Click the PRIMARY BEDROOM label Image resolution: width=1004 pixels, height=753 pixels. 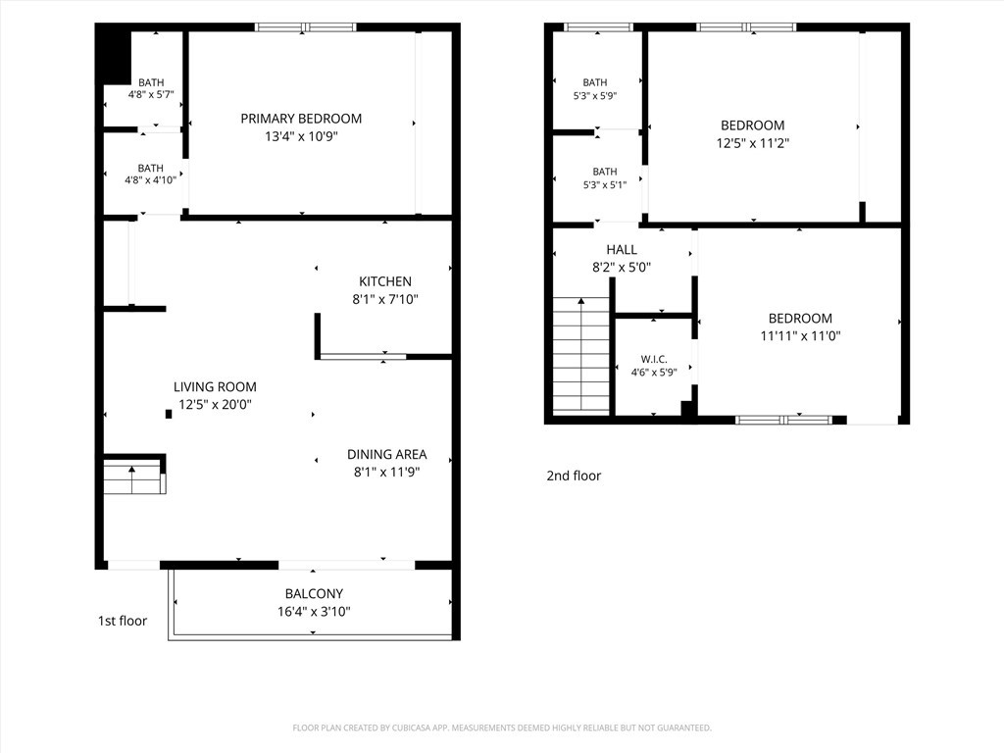(301, 119)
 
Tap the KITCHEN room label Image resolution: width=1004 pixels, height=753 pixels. (384, 281)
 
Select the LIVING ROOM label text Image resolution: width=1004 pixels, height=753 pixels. (215, 386)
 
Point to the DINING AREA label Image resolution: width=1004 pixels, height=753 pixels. (386, 455)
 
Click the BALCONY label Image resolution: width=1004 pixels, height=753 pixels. (314, 593)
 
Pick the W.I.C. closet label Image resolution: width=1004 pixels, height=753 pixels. (654, 359)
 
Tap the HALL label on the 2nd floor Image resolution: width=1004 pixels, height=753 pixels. (622, 250)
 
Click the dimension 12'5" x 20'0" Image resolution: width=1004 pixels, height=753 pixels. (215, 405)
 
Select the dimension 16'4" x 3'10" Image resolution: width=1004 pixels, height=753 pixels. (314, 612)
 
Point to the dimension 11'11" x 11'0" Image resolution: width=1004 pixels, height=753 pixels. (800, 335)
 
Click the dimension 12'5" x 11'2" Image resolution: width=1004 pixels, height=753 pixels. (752, 143)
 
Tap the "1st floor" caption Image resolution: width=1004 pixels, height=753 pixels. (123, 621)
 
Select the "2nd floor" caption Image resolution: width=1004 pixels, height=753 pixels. (574, 476)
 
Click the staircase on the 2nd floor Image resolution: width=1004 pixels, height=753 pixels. (581, 354)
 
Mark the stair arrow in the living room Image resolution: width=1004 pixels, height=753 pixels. (132, 479)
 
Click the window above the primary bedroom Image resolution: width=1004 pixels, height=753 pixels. (306, 26)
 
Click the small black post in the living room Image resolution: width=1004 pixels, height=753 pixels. (169, 415)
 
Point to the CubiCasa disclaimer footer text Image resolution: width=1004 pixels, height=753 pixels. (502, 728)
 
